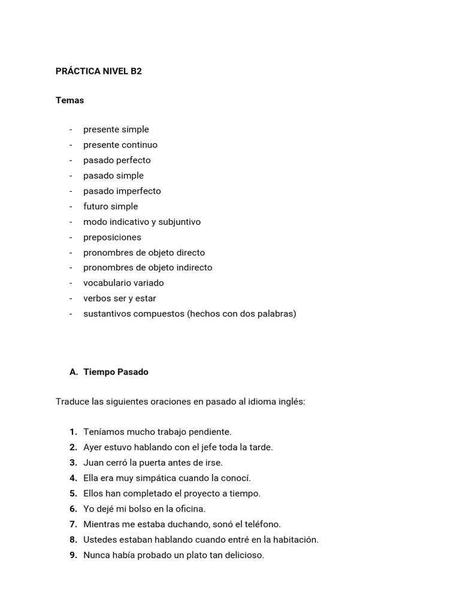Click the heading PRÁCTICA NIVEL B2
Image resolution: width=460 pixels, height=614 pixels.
99,71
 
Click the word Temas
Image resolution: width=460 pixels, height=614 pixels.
70,100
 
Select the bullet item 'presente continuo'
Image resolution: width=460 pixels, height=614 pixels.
120,145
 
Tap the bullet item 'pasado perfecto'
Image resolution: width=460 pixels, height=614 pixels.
117,160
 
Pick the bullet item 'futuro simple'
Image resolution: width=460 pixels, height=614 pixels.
110,206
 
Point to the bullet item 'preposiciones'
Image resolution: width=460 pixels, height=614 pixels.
112,237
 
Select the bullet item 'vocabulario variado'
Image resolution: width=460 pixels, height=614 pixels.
123,282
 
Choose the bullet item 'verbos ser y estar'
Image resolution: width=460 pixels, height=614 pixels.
120,298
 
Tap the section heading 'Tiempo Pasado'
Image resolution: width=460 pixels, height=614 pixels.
116,372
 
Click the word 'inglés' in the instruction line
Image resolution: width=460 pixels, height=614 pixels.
290,401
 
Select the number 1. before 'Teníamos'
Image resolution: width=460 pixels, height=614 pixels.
73,432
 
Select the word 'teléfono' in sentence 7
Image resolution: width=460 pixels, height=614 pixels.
261,524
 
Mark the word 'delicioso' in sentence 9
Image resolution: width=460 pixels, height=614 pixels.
241,555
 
